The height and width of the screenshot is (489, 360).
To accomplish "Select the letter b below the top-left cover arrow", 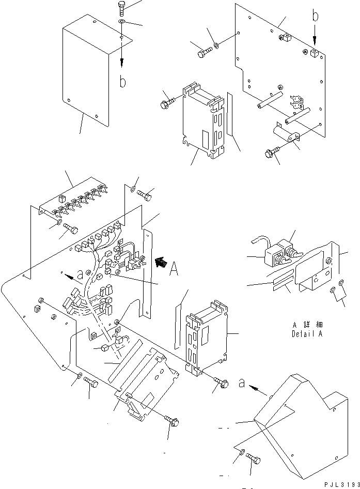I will (x=122, y=81).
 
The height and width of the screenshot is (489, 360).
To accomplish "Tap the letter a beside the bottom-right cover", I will (x=242, y=383).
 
